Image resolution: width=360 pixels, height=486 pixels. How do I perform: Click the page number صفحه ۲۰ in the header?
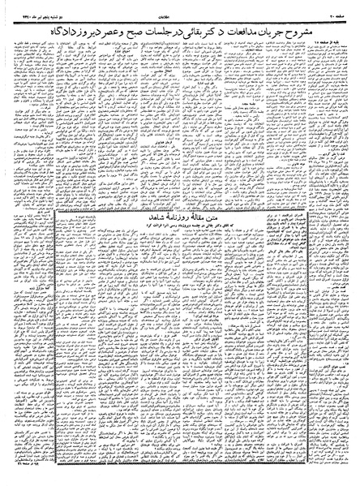[340, 7]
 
